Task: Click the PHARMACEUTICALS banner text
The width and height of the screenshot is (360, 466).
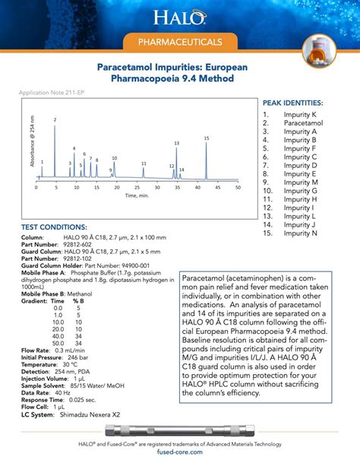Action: (179, 41)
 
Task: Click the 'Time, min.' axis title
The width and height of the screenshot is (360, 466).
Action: (137, 195)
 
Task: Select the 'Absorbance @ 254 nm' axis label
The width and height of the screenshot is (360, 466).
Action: (32, 141)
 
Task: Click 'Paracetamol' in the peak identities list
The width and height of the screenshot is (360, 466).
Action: (301, 122)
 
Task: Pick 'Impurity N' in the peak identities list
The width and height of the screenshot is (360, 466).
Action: (301, 233)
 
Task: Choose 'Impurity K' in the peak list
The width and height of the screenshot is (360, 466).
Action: (301, 114)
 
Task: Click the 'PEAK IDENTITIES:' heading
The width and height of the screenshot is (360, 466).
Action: (292, 102)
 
